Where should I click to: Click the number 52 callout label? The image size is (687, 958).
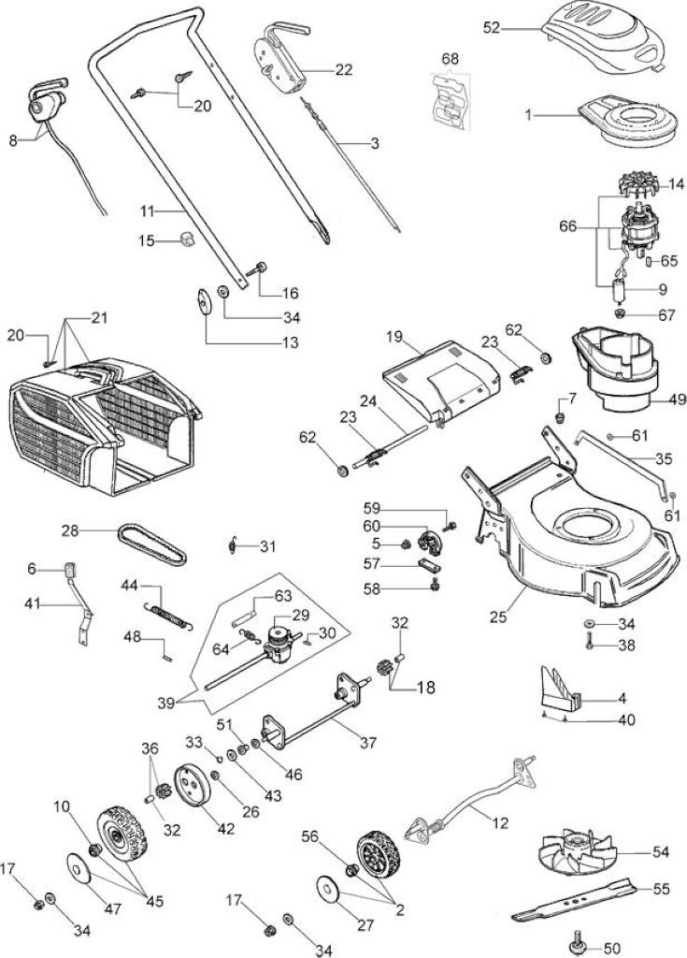[x=492, y=28]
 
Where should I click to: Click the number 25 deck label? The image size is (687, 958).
[x=497, y=617]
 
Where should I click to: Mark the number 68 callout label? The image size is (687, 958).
[x=451, y=59]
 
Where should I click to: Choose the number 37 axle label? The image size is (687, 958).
[x=368, y=743]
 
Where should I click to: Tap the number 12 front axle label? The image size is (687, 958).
[x=499, y=823]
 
